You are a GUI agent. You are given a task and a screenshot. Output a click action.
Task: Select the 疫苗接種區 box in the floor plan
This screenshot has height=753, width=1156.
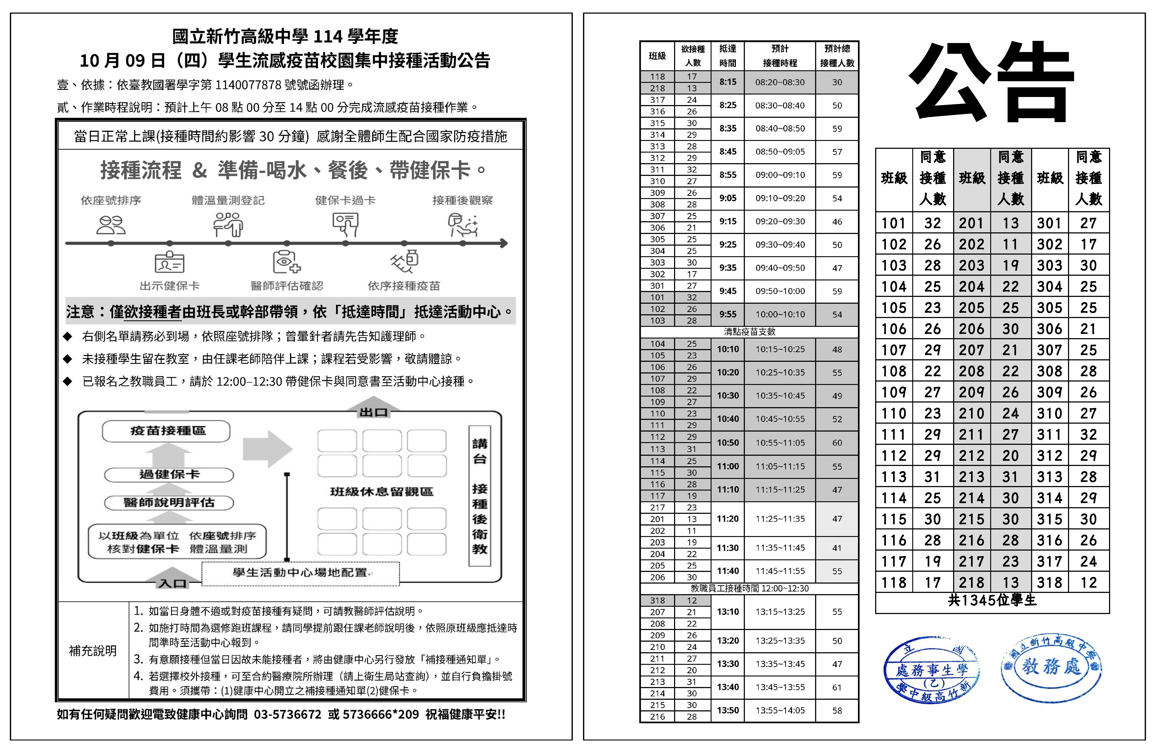tap(166, 431)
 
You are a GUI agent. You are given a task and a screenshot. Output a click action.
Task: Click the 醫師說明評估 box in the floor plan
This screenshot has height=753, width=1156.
tap(169, 502)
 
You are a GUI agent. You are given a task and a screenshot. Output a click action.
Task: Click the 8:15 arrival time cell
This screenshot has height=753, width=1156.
tap(728, 82)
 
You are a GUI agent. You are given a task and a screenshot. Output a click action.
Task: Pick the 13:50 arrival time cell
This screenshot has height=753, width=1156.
tap(728, 710)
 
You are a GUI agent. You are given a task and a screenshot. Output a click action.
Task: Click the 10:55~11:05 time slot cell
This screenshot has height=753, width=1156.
tap(780, 443)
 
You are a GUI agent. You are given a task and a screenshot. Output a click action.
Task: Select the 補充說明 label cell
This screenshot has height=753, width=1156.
tap(93, 650)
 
